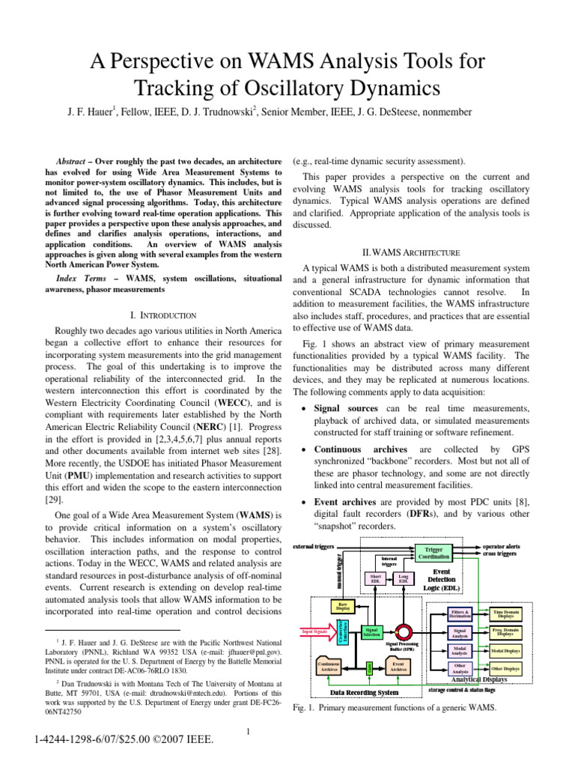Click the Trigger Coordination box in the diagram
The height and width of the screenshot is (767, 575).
(x=438, y=553)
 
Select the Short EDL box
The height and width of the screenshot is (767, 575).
(x=376, y=578)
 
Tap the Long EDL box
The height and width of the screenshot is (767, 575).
(x=403, y=578)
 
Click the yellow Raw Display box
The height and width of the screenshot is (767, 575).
(x=342, y=606)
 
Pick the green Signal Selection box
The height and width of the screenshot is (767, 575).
(x=371, y=632)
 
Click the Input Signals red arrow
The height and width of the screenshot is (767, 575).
(x=317, y=632)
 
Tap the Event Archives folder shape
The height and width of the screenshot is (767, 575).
(x=398, y=665)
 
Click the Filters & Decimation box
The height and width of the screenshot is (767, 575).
(x=460, y=614)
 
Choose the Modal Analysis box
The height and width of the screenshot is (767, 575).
(x=460, y=650)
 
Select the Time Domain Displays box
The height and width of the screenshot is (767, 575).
(x=505, y=614)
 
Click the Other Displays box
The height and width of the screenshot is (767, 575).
(x=505, y=668)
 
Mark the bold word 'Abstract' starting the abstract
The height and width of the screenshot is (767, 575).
(x=73, y=162)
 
